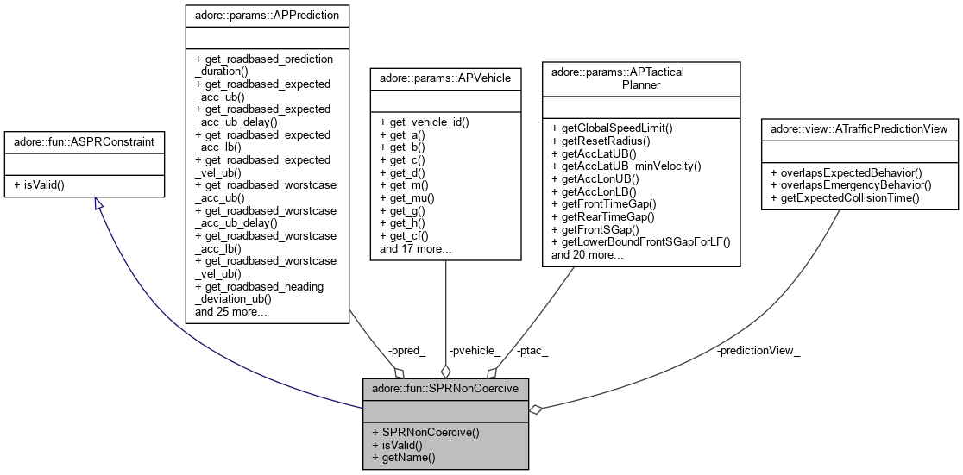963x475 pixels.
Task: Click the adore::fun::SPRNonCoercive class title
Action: (445, 387)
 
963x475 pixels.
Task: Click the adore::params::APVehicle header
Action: (444, 78)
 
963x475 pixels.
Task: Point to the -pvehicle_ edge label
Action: (475, 350)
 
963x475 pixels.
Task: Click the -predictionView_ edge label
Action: (758, 351)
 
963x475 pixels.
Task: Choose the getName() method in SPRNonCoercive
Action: (405, 457)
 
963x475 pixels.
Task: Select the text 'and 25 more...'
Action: (230, 311)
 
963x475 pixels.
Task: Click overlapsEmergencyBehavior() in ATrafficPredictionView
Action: (851, 184)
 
